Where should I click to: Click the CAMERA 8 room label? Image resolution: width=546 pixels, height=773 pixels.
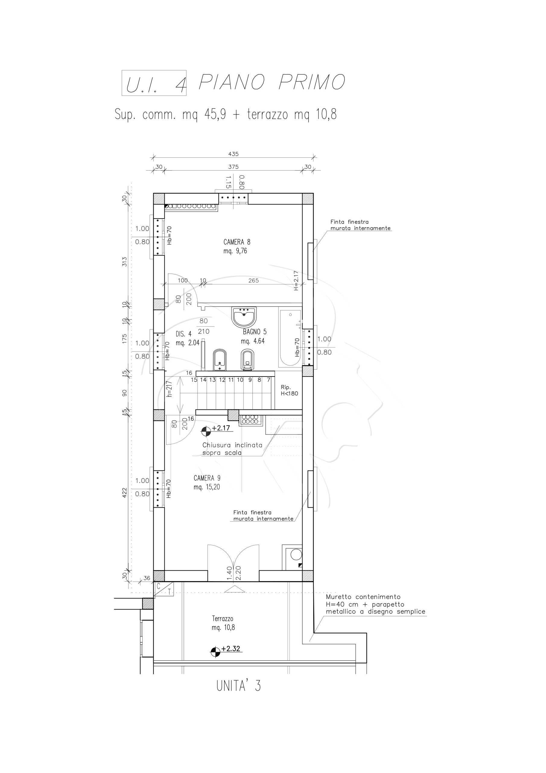(237, 246)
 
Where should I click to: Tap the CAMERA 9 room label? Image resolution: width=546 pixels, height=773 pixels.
(207, 483)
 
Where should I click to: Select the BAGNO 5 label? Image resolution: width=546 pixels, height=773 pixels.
(254, 336)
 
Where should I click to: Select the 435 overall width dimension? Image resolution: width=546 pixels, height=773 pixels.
(233, 154)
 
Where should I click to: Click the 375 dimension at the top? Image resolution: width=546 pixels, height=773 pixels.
(233, 167)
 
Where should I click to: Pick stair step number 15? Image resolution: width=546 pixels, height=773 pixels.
(194, 380)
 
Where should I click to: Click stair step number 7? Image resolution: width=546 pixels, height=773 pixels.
(268, 380)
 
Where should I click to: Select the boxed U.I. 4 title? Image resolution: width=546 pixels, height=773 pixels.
(154, 83)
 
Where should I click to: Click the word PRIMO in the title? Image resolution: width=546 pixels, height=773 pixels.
(312, 82)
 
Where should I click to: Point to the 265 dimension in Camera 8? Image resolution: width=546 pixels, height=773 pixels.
(253, 281)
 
